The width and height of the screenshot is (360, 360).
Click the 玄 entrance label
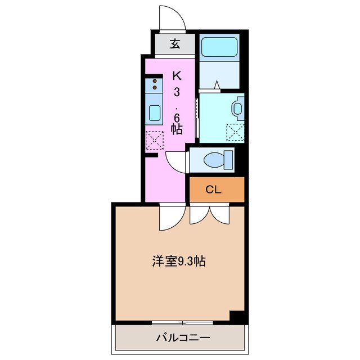(175, 44)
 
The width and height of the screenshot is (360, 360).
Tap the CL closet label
(213, 189)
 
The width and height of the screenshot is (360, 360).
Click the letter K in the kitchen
(176, 75)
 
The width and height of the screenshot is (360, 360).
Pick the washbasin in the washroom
(238, 107)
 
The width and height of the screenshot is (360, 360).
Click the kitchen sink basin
(155, 113)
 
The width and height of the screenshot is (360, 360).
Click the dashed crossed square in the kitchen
(154, 139)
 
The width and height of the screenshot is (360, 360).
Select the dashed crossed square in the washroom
(234, 132)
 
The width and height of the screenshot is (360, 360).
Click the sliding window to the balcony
(182, 323)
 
